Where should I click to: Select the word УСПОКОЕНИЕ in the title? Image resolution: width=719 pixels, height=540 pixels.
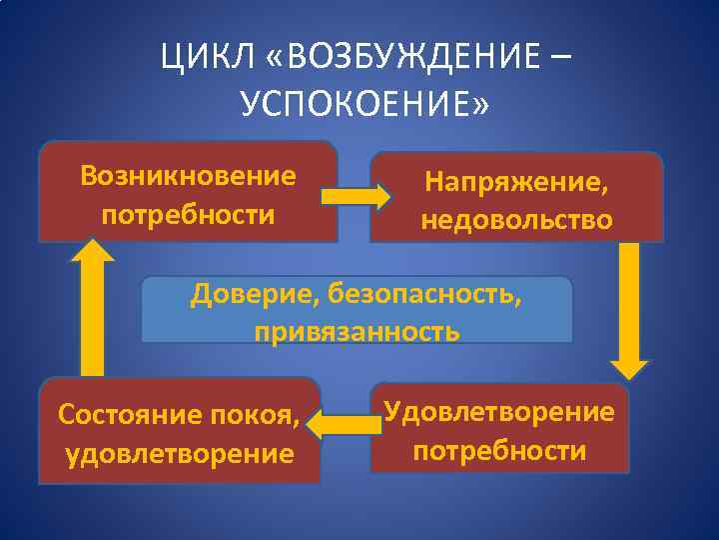coord(357,103)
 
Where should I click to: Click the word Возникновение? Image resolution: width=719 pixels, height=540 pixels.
coord(189,176)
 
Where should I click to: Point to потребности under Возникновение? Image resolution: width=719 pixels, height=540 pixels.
coord(189,215)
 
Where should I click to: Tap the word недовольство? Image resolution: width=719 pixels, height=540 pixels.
coord(516,219)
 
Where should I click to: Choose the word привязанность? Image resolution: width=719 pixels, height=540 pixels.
coord(357,331)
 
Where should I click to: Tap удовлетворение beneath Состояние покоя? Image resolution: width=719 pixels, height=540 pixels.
coord(180,454)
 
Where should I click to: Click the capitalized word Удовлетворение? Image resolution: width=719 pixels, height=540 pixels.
coord(499,411)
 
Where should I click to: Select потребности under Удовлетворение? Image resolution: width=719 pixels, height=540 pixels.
coord(499,450)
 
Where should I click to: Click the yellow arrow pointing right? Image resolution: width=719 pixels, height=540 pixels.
coord(356,196)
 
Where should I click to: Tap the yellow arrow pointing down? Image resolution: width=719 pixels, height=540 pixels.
coord(630,304)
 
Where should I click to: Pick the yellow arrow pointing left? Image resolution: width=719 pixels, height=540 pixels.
coord(345,426)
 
